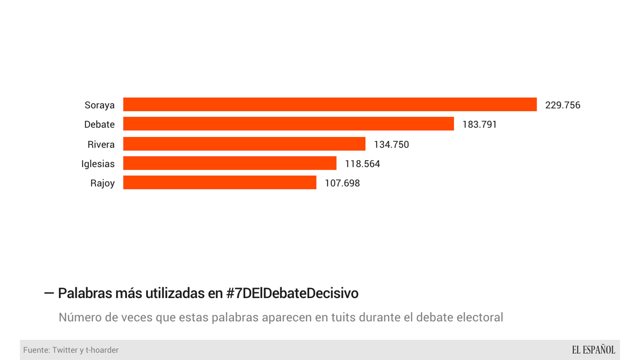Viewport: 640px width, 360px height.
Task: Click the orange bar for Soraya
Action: tap(330, 105)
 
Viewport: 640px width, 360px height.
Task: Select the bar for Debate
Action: tap(288, 124)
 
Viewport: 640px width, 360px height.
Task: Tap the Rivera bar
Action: tap(244, 144)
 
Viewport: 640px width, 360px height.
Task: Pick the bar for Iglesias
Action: tap(230, 163)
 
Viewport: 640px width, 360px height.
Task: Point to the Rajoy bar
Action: tap(219, 183)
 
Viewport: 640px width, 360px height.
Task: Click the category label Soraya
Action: tap(99, 105)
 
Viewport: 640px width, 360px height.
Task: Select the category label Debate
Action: tap(99, 124)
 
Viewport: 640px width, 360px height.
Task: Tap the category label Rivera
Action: tap(101, 144)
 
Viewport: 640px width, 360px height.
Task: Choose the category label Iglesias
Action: tap(98, 164)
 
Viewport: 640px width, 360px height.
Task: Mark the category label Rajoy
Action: tap(102, 183)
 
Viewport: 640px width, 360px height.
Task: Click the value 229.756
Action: tap(562, 105)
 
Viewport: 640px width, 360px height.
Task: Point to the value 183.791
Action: tap(479, 124)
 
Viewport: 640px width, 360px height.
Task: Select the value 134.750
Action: tap(391, 144)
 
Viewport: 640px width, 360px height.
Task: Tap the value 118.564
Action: tap(362, 164)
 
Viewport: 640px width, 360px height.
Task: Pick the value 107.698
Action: tap(342, 183)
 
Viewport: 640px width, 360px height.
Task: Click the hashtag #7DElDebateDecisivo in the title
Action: tap(292, 293)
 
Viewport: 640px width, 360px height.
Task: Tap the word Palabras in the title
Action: tap(85, 293)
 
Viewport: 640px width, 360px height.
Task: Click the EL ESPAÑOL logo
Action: tap(593, 350)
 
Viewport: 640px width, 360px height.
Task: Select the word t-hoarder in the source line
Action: tap(102, 350)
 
